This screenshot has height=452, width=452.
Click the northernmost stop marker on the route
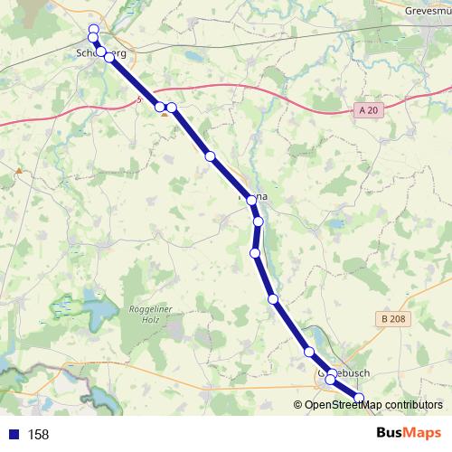93,29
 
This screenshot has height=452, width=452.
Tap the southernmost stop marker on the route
359,399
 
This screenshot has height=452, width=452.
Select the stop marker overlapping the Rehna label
253,201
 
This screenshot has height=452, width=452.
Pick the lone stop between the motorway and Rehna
211,156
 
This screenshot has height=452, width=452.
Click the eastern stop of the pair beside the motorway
171,108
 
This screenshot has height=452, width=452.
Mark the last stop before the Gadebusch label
309,352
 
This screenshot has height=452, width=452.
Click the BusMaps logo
409,434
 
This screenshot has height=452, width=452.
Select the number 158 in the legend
38,435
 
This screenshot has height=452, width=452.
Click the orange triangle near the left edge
18,168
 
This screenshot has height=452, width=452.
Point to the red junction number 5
138,100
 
